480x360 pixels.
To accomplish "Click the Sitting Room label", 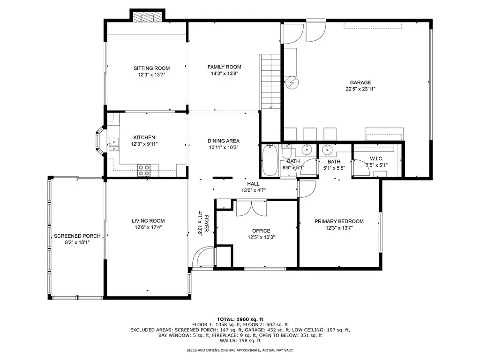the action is pyautogui.click(x=151, y=68).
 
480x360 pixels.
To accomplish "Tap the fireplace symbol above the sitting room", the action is pyautogui.click(x=148, y=17).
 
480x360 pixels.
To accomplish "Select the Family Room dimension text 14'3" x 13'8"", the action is pyautogui.click(x=225, y=74).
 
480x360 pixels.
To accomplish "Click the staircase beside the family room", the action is pyautogui.click(x=270, y=82).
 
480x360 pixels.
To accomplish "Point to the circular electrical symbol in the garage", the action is pyautogui.click(x=292, y=82).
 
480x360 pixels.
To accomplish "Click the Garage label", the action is pyautogui.click(x=360, y=82).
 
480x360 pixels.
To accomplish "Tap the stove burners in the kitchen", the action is pyautogui.click(x=144, y=170).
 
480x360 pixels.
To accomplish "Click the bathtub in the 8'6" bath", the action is pyautogui.click(x=270, y=160).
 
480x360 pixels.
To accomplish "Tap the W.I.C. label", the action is pyautogui.click(x=376, y=158).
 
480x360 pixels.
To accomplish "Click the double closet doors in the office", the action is pyautogui.click(x=252, y=208).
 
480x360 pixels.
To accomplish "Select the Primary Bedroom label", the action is pyautogui.click(x=339, y=221).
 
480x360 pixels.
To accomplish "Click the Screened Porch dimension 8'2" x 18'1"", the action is pyautogui.click(x=77, y=242).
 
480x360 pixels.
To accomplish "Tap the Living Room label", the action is pyautogui.click(x=148, y=221).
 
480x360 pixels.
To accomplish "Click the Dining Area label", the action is pyautogui.click(x=224, y=141).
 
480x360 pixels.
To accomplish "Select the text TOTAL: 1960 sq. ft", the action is pyautogui.click(x=240, y=319).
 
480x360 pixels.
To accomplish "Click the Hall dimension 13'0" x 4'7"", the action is pyautogui.click(x=253, y=190).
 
